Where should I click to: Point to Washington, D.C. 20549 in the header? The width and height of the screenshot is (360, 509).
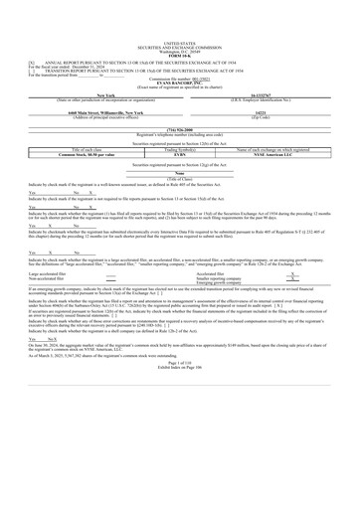point(179,23)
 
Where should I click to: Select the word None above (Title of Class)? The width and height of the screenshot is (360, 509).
point(180,170)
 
